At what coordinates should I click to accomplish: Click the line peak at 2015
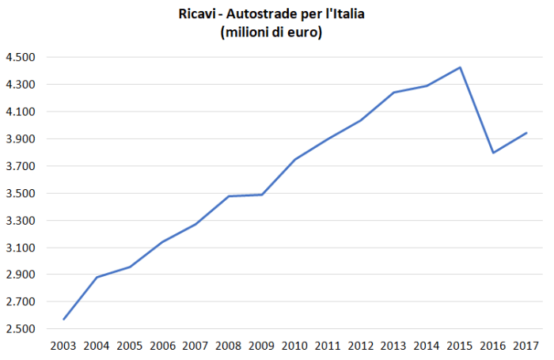pyautogui.click(x=461, y=67)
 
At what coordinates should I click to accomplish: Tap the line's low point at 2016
pyautogui.click(x=493, y=153)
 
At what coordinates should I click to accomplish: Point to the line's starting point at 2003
pyautogui.click(x=63, y=320)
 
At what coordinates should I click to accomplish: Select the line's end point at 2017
pyautogui.click(x=526, y=133)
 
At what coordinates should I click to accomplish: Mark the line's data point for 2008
pyautogui.click(x=229, y=196)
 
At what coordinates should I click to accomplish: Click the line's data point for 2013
pyautogui.click(x=394, y=93)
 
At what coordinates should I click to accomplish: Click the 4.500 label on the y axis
pyautogui.click(x=20, y=58)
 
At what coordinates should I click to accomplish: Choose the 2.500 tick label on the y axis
pyautogui.click(x=20, y=329)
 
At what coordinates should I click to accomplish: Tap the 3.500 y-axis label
pyautogui.click(x=20, y=194)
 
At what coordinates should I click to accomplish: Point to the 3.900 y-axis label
pyautogui.click(x=20, y=139)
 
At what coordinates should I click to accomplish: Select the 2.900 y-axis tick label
pyautogui.click(x=20, y=275)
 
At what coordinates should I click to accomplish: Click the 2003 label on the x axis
pyautogui.click(x=63, y=346)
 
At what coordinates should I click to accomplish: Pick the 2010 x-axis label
pyautogui.click(x=295, y=346)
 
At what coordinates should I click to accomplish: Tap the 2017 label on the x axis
pyautogui.click(x=526, y=346)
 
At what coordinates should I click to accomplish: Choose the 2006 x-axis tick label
pyautogui.click(x=162, y=346)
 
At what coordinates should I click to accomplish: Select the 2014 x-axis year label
pyautogui.click(x=427, y=346)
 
